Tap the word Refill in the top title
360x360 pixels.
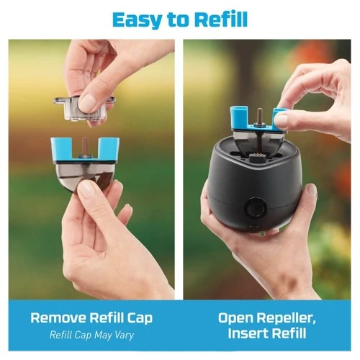[x=221, y=19]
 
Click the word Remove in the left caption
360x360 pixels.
[x=58, y=318]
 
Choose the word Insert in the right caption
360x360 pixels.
[x=248, y=333]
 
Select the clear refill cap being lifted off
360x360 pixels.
[x=81, y=109]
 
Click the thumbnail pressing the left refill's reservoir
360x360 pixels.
[x=86, y=188]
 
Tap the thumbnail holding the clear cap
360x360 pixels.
[x=86, y=102]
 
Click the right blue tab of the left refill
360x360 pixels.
[x=109, y=148]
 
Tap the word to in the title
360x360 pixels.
[x=179, y=20]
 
